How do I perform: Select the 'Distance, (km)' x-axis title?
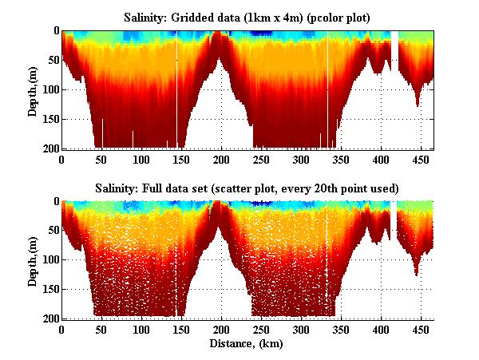[247, 344]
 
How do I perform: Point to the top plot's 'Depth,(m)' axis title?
[33, 89]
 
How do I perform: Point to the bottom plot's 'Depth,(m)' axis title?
[33, 260]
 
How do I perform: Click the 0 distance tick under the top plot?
[62, 159]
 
